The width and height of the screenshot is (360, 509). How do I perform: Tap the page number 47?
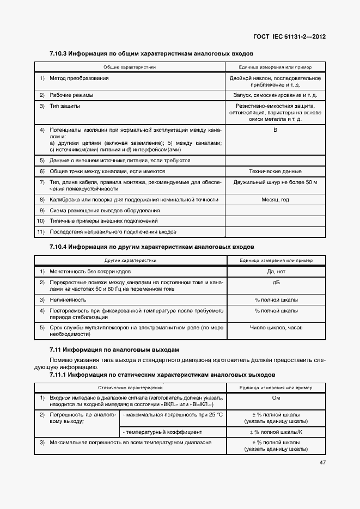pyautogui.click(x=322, y=463)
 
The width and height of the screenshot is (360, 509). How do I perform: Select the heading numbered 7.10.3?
pyautogui.click(x=151, y=54)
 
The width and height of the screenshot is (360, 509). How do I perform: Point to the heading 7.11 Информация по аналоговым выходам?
pyautogui.click(x=114, y=349)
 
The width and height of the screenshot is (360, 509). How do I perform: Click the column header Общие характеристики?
pyautogui.click(x=130, y=67)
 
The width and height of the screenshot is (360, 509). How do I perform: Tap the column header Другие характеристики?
pyautogui.click(x=130, y=261)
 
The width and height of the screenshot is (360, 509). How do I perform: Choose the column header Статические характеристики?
pyautogui.click(x=130, y=388)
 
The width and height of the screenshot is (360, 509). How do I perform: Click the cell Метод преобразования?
pyautogui.click(x=79, y=78)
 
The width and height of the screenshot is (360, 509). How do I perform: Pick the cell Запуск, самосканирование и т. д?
pyautogui.click(x=275, y=95)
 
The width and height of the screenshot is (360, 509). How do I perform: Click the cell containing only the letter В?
pyautogui.click(x=275, y=130)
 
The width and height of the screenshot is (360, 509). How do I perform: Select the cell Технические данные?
pyautogui.click(x=275, y=171)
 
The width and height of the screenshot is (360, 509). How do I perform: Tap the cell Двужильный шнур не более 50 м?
pyautogui.click(x=275, y=181)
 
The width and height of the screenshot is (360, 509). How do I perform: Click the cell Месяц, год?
pyautogui.click(x=275, y=200)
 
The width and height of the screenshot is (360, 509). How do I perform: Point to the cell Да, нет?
pyautogui.click(x=275, y=271)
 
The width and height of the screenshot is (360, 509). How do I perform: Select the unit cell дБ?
pyautogui.click(x=275, y=283)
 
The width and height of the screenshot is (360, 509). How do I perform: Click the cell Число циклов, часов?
pyautogui.click(x=275, y=328)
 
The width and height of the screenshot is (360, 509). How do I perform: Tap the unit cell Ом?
pyautogui.click(x=275, y=397)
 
